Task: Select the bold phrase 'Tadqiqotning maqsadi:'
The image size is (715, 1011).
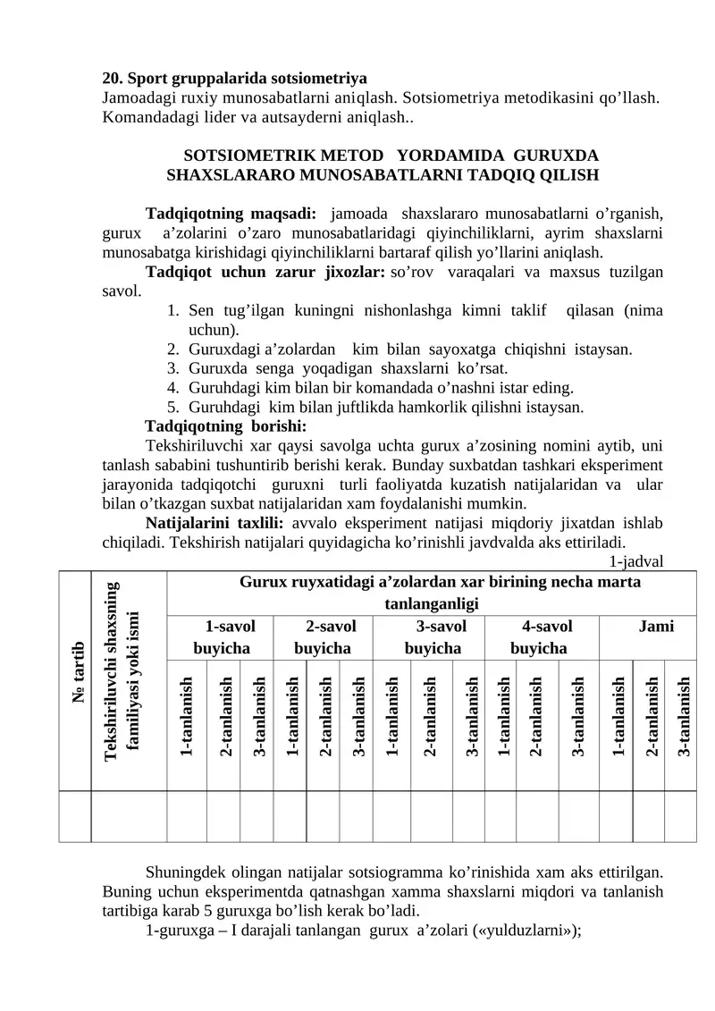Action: [231, 214]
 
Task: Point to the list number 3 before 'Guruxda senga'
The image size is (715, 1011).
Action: [172, 367]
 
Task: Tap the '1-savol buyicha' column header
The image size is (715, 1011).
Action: [223, 636]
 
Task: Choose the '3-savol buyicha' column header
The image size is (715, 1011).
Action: [433, 636]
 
